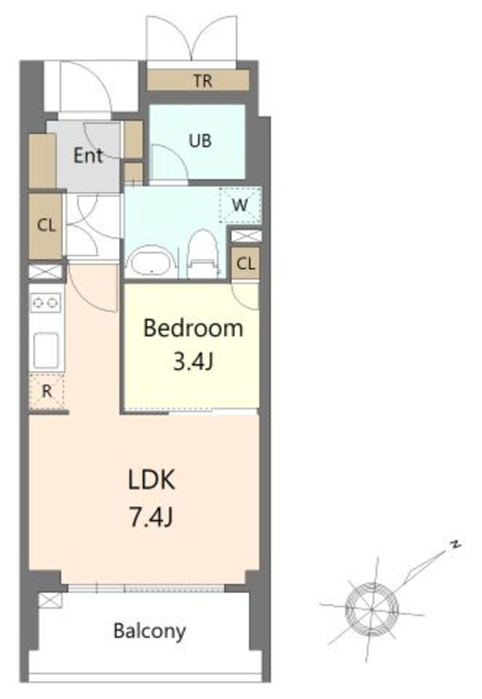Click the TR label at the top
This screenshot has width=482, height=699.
click(202, 80)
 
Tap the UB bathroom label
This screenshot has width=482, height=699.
click(200, 141)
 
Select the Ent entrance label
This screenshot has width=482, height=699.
click(88, 155)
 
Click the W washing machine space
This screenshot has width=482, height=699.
click(240, 205)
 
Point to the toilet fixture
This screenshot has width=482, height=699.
click(203, 254)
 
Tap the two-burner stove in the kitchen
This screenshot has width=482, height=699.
click(47, 303)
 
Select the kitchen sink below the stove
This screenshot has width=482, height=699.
click(47, 350)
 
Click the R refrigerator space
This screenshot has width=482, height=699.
click(47, 391)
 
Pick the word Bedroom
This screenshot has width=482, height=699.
click(193, 329)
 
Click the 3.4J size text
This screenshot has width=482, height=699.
click(193, 362)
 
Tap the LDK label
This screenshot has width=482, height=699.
click(151, 480)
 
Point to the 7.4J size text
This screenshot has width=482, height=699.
click(151, 517)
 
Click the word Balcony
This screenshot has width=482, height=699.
click(149, 632)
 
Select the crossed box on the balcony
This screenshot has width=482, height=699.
click(50, 600)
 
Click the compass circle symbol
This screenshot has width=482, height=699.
click(372, 608)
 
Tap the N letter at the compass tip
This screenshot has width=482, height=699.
click(455, 544)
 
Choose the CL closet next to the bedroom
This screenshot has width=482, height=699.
click(246, 264)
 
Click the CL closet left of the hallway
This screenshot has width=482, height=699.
click(46, 226)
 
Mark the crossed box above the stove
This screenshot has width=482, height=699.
click(46, 272)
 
